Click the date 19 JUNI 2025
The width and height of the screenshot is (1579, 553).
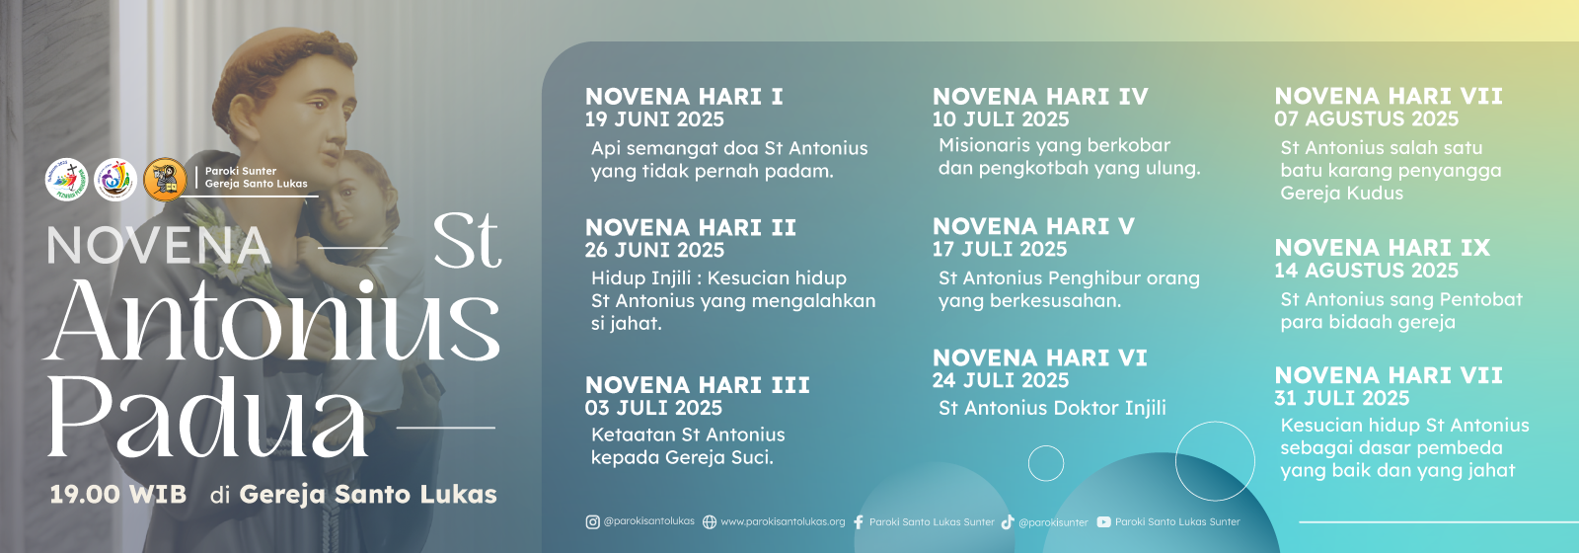(x=654, y=119)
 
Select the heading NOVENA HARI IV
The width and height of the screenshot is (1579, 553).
(x=1040, y=96)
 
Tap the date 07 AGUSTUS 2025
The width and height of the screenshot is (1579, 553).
(x=1366, y=118)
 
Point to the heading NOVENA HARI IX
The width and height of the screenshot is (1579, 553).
(x=1383, y=248)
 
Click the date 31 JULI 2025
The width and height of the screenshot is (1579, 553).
(x=1341, y=398)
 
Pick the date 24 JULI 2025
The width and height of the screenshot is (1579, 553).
(x=1001, y=380)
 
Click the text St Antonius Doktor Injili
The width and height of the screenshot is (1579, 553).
(x=1052, y=408)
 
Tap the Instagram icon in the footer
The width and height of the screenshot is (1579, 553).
(x=592, y=522)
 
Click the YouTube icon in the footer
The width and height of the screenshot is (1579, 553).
(x=1104, y=522)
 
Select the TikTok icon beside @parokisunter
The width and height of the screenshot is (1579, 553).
(x=1008, y=522)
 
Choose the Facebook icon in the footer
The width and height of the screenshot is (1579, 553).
(x=858, y=522)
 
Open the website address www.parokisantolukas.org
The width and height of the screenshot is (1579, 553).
(x=783, y=522)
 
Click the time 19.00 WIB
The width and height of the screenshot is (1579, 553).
(x=117, y=494)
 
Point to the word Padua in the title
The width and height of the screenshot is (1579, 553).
(x=208, y=416)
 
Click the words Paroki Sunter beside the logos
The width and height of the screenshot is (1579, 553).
(x=241, y=171)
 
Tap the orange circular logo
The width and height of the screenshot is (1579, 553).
(x=165, y=179)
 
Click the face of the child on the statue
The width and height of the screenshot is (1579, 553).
(x=346, y=200)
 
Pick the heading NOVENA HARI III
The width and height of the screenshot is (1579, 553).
(x=697, y=384)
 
